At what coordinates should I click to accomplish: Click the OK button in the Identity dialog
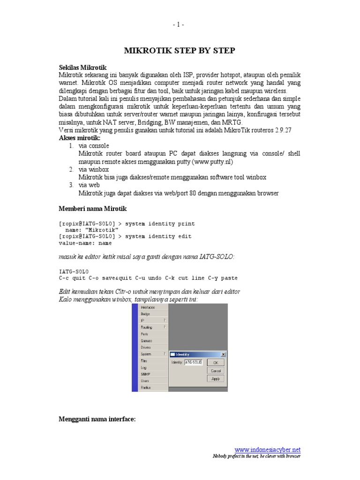pos(215,362)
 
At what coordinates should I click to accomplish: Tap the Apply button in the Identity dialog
pos(215,378)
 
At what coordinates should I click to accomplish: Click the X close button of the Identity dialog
pos(223,354)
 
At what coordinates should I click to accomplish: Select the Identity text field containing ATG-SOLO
pos(193,362)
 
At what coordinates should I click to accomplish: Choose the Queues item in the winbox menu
pos(146,341)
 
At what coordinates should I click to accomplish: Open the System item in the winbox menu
pos(147,354)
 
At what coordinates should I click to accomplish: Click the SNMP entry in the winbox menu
pos(145,375)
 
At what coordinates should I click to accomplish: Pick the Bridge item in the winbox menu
pos(146,314)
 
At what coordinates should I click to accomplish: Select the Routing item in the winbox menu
pos(147,327)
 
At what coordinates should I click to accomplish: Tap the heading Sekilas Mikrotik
pos(83,67)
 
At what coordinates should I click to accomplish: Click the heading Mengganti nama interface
pos(97,420)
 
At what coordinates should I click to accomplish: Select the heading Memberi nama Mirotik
pos(92,208)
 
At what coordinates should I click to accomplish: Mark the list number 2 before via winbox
pos(71,169)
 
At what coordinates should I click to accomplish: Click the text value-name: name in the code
pos(85,243)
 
